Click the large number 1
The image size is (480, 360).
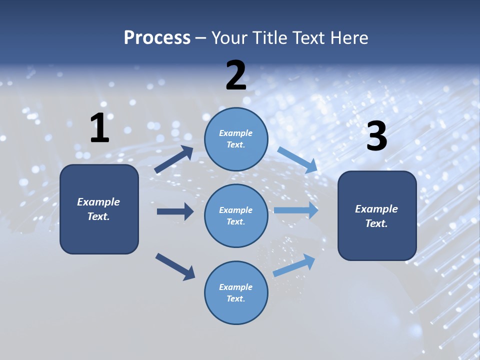(99, 128)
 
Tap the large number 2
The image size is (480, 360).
(236, 76)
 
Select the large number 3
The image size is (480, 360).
(377, 136)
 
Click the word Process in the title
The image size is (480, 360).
(157, 37)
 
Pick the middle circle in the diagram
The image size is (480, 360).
(236, 215)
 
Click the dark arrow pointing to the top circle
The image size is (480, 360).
(174, 159)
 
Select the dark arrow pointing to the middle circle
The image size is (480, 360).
(175, 211)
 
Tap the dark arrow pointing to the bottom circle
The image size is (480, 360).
(175, 266)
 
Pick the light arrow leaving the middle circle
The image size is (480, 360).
(296, 210)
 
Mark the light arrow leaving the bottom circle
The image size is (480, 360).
(294, 265)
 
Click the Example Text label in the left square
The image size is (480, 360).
(98, 209)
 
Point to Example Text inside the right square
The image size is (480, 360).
(376, 216)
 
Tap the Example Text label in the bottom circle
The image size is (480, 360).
(236, 293)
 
